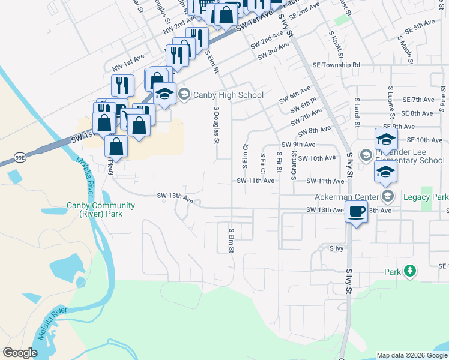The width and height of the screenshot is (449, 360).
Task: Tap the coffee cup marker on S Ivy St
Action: pos(357,212)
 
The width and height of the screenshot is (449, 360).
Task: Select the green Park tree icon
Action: pos(410,271)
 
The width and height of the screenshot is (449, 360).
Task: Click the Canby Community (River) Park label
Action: pos(100,209)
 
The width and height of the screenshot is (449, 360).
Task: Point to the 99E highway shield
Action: pos(20,158)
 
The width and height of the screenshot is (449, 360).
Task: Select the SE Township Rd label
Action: pos(336,65)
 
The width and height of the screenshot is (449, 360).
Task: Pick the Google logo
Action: pos(20,352)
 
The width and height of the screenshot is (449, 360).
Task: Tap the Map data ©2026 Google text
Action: pos(411,355)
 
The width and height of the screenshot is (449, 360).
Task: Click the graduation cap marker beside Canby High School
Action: pos(164,94)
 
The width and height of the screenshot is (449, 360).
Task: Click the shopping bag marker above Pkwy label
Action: pos(116,146)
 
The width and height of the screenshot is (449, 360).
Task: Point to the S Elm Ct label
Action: pos(245,155)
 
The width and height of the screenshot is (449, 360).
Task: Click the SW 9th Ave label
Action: pos(298,145)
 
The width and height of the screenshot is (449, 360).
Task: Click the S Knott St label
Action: pos(331,42)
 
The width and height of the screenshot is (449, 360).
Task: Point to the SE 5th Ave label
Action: pos(419,28)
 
